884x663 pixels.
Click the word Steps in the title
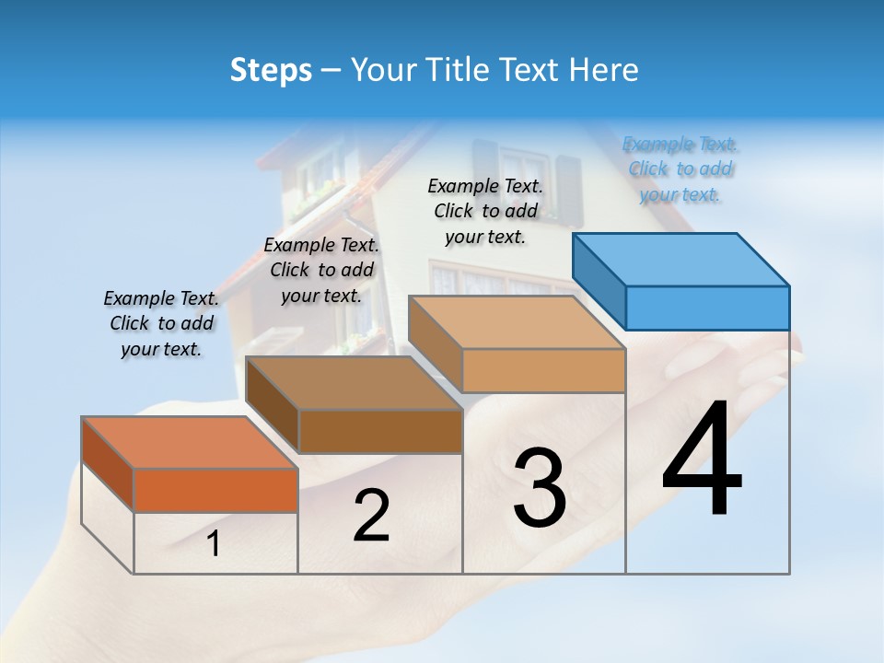click(x=271, y=70)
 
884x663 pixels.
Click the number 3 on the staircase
click(x=540, y=488)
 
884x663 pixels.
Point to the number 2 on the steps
click(x=371, y=517)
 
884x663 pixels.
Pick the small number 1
click(x=214, y=544)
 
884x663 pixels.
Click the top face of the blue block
click(x=681, y=259)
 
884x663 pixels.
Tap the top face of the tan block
click(x=516, y=322)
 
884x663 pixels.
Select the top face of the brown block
click(x=355, y=382)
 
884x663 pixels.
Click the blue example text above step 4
click(x=680, y=169)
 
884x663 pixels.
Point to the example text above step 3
click(x=485, y=211)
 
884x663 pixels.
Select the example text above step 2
click(x=321, y=270)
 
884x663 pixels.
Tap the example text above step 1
click(x=161, y=323)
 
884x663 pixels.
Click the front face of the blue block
click(x=707, y=308)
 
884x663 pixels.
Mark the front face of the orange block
click(x=215, y=490)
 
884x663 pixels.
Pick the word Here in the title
click(x=606, y=70)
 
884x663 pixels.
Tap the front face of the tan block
click(x=543, y=370)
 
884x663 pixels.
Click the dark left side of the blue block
click(x=599, y=282)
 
